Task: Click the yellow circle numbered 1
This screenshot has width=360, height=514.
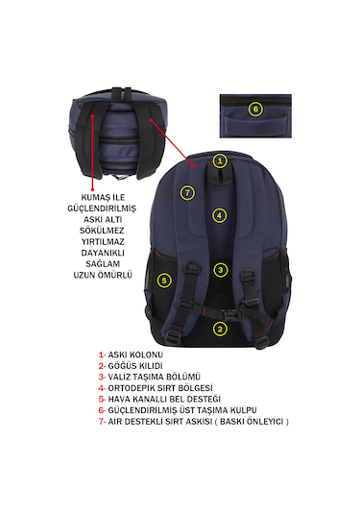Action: (x=220, y=161)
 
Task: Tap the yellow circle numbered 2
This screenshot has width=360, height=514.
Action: (x=220, y=329)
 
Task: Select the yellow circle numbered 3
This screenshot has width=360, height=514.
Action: (x=221, y=270)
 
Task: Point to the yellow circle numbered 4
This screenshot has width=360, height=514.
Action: (x=220, y=215)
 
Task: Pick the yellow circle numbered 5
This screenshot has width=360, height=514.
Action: (x=164, y=281)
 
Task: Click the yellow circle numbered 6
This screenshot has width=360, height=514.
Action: (x=255, y=110)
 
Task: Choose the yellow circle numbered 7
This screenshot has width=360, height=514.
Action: (x=187, y=193)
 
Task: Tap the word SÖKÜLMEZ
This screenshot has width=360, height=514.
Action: (x=102, y=231)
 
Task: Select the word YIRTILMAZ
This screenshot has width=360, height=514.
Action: (x=103, y=241)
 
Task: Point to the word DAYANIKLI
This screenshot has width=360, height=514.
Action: (x=103, y=253)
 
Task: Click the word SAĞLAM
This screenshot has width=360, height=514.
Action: (x=103, y=263)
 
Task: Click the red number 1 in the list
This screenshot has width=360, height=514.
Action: (x=101, y=355)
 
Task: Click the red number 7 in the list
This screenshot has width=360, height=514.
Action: (x=101, y=421)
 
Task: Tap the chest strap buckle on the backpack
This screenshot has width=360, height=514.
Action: (x=232, y=315)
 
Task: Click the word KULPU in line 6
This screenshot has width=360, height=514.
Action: (x=244, y=410)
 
